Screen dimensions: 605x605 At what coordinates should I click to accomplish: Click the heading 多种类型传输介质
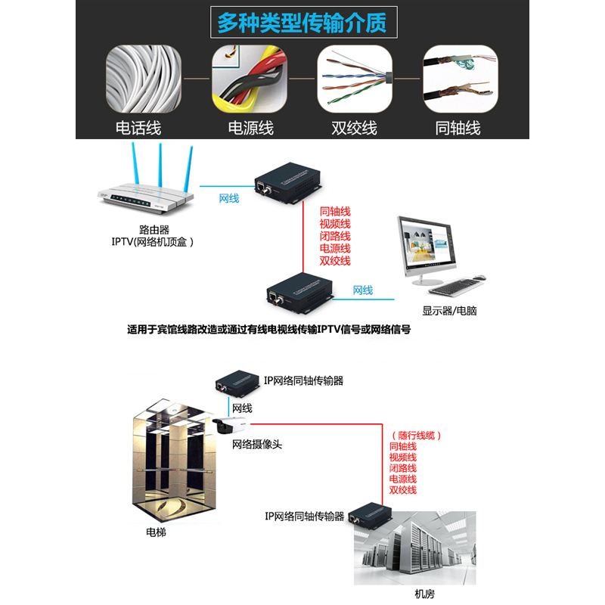(x=302, y=23)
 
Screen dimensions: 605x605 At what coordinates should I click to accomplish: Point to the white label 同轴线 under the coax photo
(x=458, y=127)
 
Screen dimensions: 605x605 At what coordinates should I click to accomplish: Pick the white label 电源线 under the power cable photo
(x=251, y=127)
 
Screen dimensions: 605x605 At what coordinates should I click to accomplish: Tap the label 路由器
(x=154, y=228)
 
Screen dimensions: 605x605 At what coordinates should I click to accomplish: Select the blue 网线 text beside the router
(x=229, y=198)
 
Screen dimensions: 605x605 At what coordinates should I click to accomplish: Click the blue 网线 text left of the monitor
(x=363, y=290)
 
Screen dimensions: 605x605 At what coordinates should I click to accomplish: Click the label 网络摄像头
(x=257, y=445)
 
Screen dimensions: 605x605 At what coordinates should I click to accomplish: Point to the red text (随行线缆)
(x=416, y=436)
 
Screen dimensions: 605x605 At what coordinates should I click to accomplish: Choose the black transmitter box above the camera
(x=237, y=380)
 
